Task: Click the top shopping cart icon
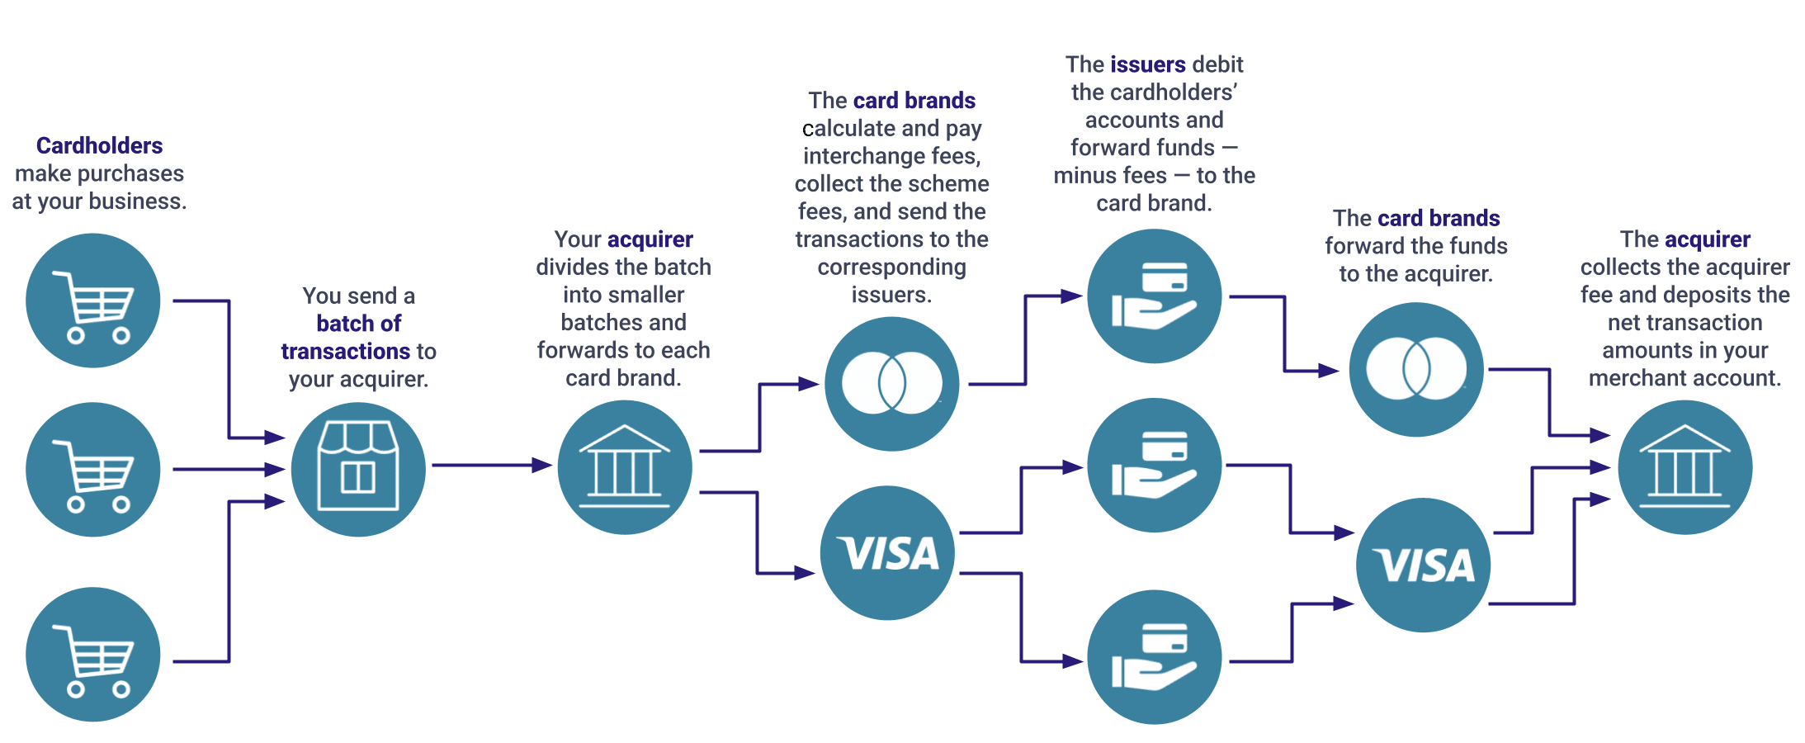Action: pos(93,301)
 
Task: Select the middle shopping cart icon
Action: pos(93,470)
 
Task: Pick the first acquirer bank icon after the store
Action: pos(625,467)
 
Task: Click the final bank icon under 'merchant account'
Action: pos(1685,467)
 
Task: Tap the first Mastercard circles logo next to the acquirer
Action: pos(891,384)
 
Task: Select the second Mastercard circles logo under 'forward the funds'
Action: pos(1416,369)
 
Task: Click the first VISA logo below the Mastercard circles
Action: pos(887,553)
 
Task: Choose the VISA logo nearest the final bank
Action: pos(1424,566)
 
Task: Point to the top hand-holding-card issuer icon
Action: pos(1154,296)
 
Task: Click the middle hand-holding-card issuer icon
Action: pos(1154,466)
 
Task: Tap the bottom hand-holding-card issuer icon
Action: pos(1154,657)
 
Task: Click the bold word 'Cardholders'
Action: pos(99,146)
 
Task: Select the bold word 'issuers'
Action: pos(1148,64)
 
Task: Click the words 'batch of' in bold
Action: pos(358,324)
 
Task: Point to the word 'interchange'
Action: pos(863,156)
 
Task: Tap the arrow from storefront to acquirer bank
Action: pos(491,466)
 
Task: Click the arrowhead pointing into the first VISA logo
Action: pos(804,573)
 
